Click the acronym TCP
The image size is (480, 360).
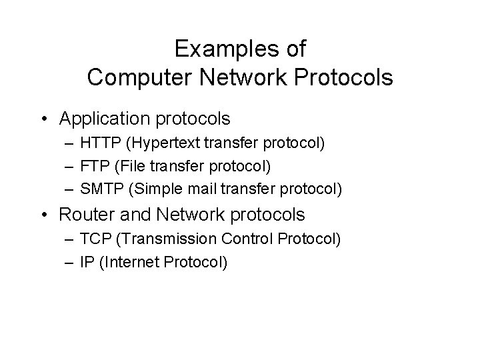[95, 239]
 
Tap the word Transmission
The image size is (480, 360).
[161, 239]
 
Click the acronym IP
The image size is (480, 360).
[85, 262]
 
